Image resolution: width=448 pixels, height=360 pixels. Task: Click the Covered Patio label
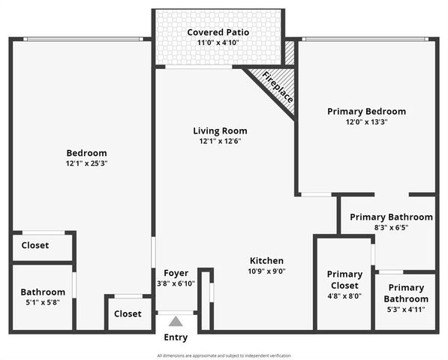[x=218, y=32]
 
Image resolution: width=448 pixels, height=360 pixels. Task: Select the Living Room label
[x=220, y=130]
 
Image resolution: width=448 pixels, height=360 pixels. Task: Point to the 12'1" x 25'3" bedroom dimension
[x=86, y=163]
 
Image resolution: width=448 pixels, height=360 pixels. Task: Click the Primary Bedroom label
[x=367, y=111]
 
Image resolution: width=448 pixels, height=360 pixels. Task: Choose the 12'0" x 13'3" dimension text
[x=367, y=121]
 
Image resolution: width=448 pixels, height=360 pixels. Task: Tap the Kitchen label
[x=266, y=260]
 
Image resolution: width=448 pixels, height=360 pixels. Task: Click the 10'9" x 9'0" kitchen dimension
[x=266, y=271]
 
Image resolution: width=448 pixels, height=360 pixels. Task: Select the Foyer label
[x=176, y=272]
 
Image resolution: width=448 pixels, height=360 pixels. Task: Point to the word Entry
[x=176, y=337]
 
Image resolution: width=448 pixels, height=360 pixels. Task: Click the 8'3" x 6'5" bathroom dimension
[x=391, y=228]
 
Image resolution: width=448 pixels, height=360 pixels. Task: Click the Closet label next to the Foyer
[x=128, y=313]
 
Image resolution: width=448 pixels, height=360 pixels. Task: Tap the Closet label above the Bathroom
[x=35, y=245]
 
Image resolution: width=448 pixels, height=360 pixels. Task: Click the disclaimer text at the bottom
[x=224, y=355]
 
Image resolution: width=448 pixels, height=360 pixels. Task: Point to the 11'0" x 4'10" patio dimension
[x=218, y=43]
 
